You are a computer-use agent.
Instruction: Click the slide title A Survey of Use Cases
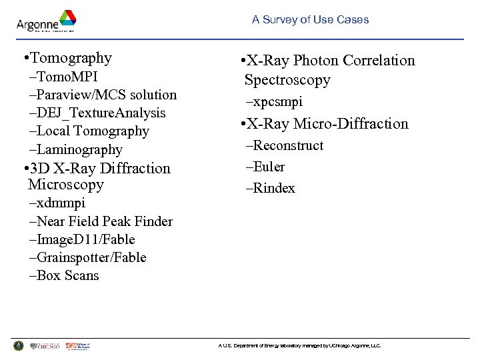click(310, 20)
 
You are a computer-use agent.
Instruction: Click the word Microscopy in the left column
click(66, 185)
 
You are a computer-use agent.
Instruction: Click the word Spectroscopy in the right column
click(287, 80)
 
